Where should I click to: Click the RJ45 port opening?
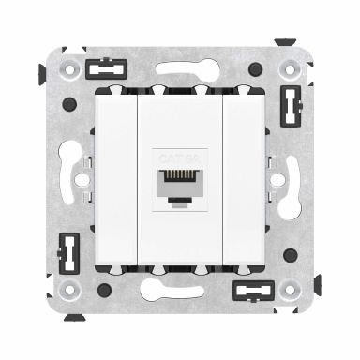tap(179, 177)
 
